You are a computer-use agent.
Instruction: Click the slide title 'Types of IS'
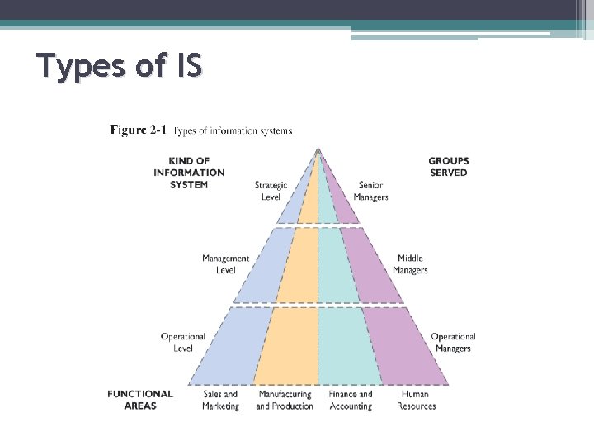(120, 66)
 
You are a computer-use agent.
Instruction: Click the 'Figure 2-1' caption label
(139, 130)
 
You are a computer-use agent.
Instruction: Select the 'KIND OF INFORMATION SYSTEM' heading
(189, 173)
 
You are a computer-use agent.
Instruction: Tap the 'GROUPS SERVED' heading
(449, 167)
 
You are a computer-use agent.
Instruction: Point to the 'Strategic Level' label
(271, 191)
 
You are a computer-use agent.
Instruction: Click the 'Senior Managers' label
(370, 191)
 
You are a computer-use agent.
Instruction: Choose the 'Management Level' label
(225, 264)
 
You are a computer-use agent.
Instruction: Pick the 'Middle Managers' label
(410, 264)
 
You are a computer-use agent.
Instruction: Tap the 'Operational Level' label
(183, 342)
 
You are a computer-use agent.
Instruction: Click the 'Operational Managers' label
(453, 342)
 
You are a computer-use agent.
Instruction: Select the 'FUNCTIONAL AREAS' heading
(140, 400)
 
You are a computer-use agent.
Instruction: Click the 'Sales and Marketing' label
(220, 401)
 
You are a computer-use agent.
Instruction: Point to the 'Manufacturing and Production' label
(285, 401)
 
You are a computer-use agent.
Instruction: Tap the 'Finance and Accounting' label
(351, 401)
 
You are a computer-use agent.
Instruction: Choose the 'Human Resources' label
(416, 401)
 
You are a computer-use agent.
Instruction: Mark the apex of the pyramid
(318, 149)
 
